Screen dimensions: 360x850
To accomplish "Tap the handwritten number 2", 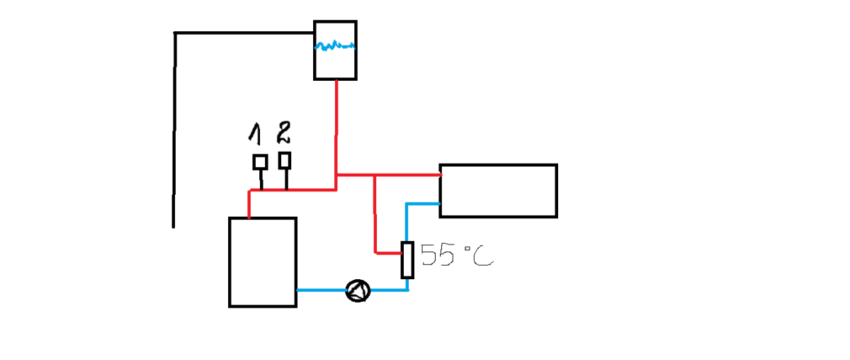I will pyautogui.click(x=283, y=133).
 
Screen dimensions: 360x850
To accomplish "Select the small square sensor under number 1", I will pyautogui.click(x=260, y=162).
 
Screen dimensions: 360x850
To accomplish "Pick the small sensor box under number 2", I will pyautogui.click(x=285, y=160).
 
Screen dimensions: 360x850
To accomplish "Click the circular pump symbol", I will pyautogui.click(x=358, y=291).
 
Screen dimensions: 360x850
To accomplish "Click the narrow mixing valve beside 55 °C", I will pyautogui.click(x=407, y=259).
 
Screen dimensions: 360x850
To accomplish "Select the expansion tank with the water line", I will pyautogui.click(x=335, y=50).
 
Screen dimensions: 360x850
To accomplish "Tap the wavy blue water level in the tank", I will pyautogui.click(x=335, y=47).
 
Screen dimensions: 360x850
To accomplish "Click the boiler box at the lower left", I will pyautogui.click(x=262, y=262).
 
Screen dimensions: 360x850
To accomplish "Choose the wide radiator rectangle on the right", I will pyautogui.click(x=498, y=191).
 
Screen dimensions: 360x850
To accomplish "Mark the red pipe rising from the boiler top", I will pyautogui.click(x=249, y=204).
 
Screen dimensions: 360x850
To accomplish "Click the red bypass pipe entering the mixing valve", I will pyautogui.click(x=375, y=220).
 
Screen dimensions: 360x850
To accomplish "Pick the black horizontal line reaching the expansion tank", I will pyautogui.click(x=244, y=33).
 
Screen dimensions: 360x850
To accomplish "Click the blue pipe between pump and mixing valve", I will pyautogui.click(x=390, y=290).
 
